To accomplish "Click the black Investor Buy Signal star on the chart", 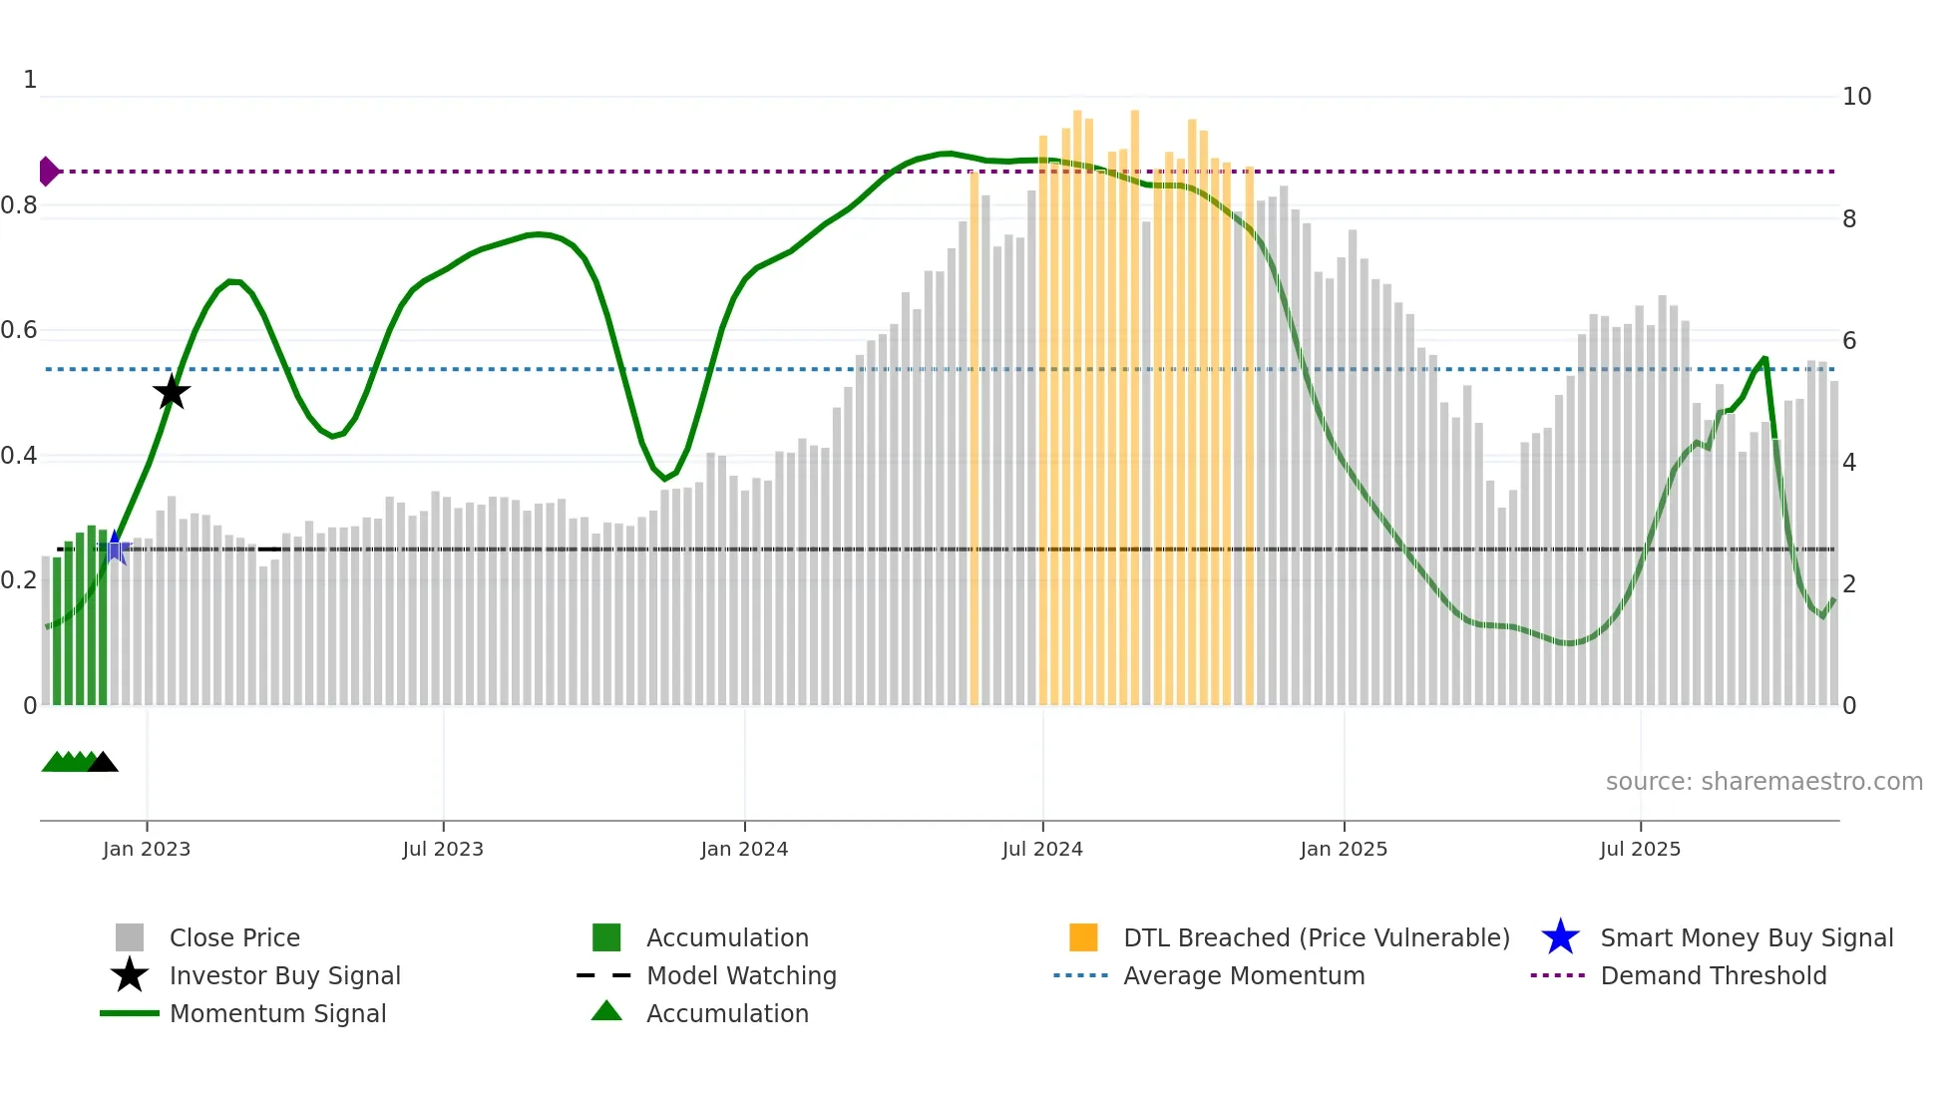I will pos(172,393).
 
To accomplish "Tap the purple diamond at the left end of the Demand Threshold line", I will pos(48,172).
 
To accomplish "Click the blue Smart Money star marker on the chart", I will pos(116,549).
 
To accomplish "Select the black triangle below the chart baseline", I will pos(103,763).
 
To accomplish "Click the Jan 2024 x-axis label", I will pos(744,849).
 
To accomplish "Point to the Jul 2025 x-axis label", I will pos(1640,849).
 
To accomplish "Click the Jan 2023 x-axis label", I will pos(147,849).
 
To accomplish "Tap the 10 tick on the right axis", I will pos(1856,97).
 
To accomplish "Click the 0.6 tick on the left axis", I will pos(19,330).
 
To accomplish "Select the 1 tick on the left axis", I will pos(30,80).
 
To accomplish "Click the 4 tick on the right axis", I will pos(1849,462).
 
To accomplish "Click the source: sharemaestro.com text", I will pos(1763,782).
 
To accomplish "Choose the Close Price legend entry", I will pos(234,937).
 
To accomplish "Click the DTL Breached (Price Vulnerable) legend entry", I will pos(1316,937).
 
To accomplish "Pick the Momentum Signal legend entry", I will pos(277,1013).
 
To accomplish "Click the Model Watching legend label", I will pos(741,975).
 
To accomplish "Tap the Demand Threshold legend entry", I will pos(1713,975).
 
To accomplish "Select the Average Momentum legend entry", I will pos(1244,975).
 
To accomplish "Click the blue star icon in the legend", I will pos(1560,937).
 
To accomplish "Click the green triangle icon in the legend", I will pos(606,1012).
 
